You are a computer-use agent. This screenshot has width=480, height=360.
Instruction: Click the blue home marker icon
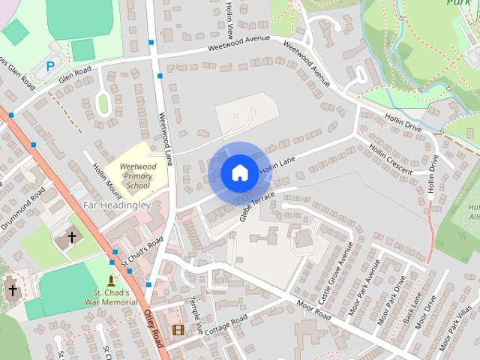[x=239, y=172]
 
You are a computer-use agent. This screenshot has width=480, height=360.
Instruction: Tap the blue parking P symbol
[x=50, y=66]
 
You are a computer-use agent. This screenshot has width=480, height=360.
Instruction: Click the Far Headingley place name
[x=117, y=205]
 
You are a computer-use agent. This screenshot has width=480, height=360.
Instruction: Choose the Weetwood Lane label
[x=166, y=139]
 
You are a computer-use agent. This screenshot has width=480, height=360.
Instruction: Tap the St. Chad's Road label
[x=142, y=252]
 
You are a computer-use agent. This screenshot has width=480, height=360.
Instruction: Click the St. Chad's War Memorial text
[x=111, y=297]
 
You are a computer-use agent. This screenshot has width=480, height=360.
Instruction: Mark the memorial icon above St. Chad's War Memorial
[x=111, y=279]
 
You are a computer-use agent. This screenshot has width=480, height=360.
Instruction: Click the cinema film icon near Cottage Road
[x=178, y=329]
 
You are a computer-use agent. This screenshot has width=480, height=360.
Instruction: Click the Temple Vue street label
[x=196, y=314]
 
